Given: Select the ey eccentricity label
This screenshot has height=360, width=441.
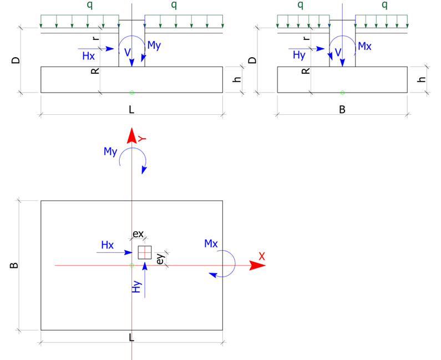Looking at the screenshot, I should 160,258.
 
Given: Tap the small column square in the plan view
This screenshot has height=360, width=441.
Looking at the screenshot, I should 145,252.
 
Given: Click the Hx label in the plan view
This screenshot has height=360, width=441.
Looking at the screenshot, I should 108,245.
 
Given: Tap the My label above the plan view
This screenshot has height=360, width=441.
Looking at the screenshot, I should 111,151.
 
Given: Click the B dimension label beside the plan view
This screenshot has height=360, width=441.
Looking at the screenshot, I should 15,266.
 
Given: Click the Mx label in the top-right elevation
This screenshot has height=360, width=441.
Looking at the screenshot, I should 364,46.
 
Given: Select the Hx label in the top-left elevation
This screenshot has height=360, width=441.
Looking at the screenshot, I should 88,56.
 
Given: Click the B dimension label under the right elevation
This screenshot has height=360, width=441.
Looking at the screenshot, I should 342,110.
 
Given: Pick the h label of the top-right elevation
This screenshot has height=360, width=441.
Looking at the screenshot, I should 422,79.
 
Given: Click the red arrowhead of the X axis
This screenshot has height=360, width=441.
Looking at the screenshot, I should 257,266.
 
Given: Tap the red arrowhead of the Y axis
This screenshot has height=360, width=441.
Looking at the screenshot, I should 131,135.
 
